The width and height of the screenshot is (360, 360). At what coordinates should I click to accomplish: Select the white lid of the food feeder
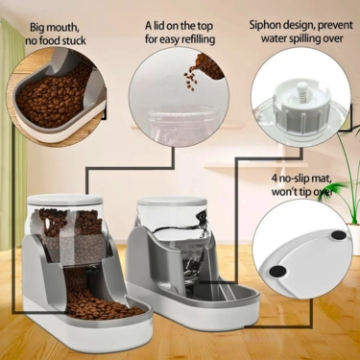[x=66, y=203]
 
